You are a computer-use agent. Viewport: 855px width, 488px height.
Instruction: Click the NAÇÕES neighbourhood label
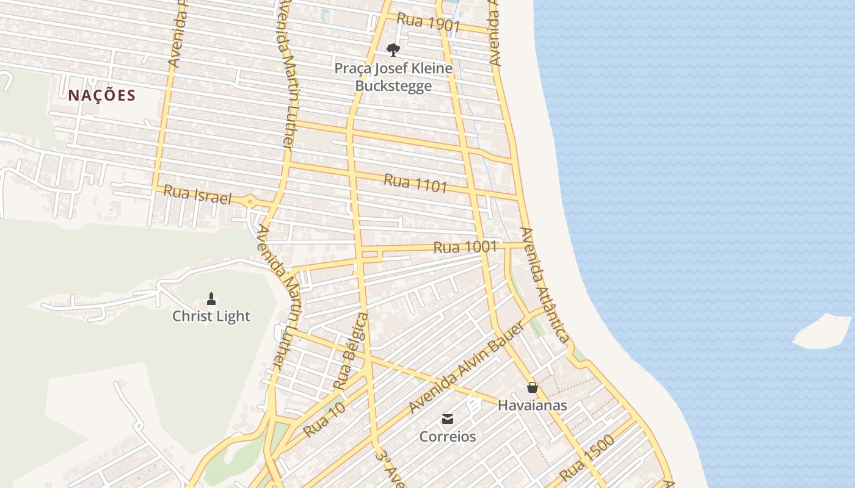[101, 95]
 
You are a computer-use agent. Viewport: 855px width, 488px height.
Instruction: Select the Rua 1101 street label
[415, 183]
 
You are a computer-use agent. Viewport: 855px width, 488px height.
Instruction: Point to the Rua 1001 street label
[465, 247]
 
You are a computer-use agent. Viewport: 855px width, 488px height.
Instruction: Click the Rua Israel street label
[198, 195]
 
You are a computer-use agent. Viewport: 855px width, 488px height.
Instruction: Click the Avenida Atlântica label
[544, 284]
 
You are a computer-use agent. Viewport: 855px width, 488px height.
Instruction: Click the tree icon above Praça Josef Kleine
[393, 50]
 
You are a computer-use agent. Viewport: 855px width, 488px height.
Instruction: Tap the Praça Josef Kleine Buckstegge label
[393, 77]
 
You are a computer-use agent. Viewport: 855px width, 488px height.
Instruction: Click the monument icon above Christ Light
[211, 298]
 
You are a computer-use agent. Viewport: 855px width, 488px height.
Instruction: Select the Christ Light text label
[211, 316]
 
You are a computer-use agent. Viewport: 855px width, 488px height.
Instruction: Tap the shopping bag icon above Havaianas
[533, 387]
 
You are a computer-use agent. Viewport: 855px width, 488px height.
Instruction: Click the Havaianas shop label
[533, 405]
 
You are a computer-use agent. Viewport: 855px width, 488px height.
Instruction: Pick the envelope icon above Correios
[448, 419]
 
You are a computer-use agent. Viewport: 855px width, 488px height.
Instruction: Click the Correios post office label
[448, 437]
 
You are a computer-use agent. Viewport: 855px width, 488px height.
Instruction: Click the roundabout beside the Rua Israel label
[250, 202]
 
